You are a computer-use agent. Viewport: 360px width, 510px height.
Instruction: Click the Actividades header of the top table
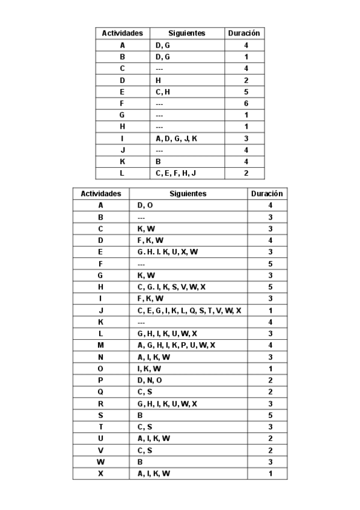click(122, 34)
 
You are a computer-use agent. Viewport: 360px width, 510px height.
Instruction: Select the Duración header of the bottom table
click(267, 194)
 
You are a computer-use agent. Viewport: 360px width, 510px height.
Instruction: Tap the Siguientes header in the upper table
click(187, 34)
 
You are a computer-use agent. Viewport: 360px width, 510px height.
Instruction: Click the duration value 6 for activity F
click(246, 103)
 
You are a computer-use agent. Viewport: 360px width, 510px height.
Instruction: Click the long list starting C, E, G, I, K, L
click(189, 310)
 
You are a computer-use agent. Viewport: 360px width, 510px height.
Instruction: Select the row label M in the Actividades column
click(100, 345)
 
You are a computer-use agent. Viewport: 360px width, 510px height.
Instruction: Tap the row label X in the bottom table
click(100, 473)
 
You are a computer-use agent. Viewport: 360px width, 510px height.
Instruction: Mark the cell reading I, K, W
click(148, 368)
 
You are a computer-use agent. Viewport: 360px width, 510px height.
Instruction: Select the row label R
click(100, 403)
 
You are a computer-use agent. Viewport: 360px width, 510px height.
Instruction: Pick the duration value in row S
click(270, 415)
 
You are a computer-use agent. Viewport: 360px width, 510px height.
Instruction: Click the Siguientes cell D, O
click(145, 206)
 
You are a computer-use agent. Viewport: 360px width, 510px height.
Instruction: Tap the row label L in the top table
click(122, 173)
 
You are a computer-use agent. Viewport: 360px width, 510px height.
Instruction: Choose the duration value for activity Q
click(270, 392)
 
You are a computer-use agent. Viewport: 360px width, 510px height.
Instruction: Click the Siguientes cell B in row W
click(140, 462)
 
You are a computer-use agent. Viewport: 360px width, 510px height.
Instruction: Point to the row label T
click(100, 426)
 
